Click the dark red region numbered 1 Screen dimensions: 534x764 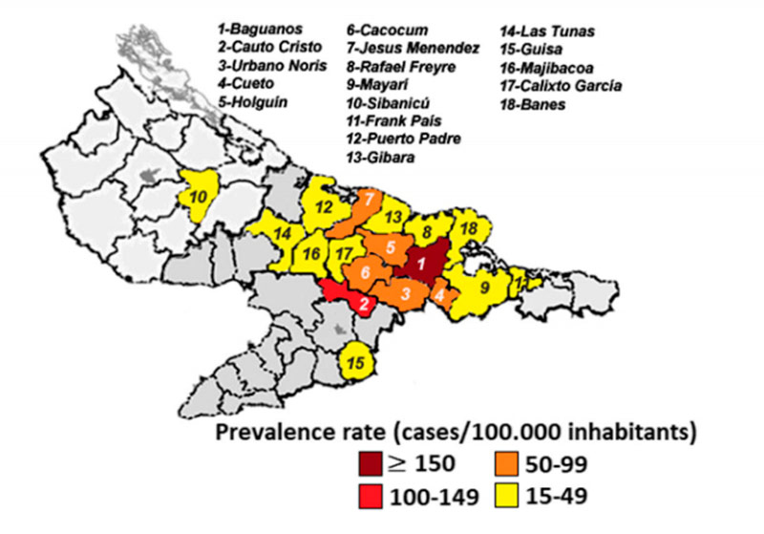click(x=420, y=259)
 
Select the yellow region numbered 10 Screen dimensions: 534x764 click(x=203, y=197)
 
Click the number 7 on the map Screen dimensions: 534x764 click(x=368, y=199)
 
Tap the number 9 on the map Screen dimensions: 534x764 click(x=485, y=286)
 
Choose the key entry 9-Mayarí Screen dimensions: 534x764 click(x=381, y=85)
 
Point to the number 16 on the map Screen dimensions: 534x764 click(x=311, y=253)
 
